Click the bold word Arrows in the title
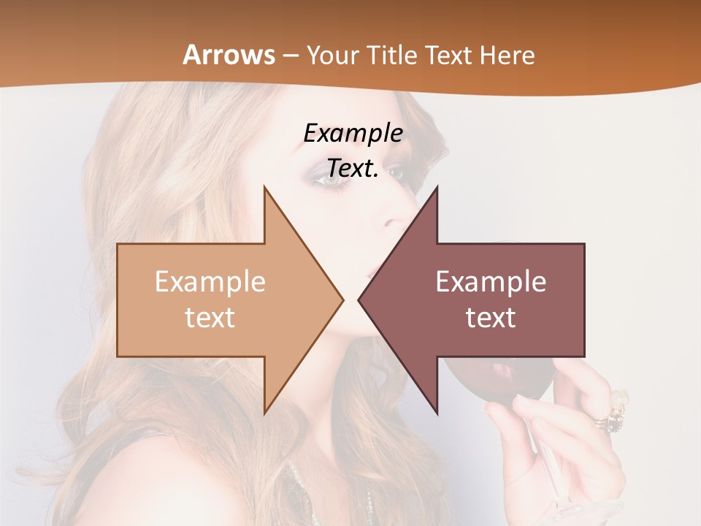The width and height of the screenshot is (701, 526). point(229,55)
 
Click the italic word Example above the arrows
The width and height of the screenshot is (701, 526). point(353,134)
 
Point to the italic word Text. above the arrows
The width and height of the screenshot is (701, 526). point(353,168)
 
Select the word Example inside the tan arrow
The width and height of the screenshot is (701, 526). point(210,282)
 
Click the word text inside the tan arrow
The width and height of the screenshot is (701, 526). point(210,317)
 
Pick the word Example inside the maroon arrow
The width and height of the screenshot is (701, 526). point(491,282)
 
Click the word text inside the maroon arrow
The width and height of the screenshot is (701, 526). point(491,317)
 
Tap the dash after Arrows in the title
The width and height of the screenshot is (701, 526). point(289,56)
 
